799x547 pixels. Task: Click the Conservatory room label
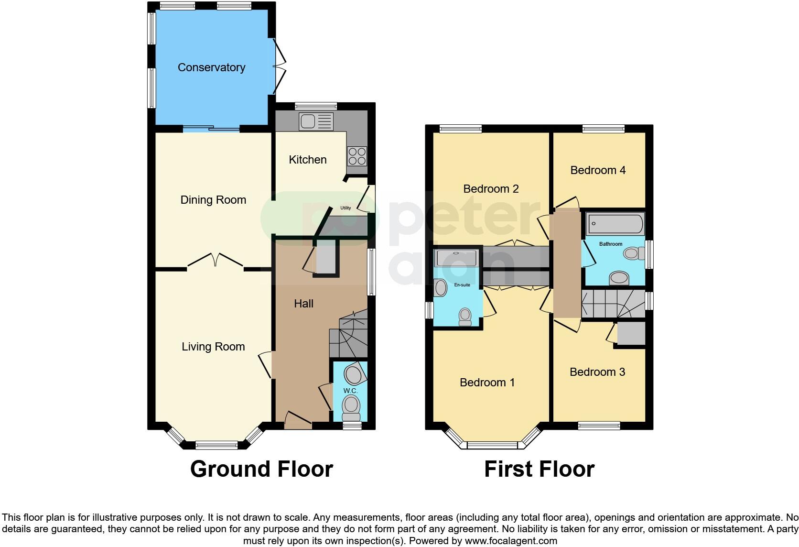pyautogui.click(x=211, y=67)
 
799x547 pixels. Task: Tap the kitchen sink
pyautogui.click(x=315, y=121)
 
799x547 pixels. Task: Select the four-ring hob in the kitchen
pyautogui.click(x=357, y=155)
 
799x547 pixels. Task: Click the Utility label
pyautogui.click(x=346, y=208)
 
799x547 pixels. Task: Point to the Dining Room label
pyautogui.click(x=213, y=200)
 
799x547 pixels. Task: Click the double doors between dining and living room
pyautogui.click(x=216, y=262)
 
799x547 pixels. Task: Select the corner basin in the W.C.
pyautogui.click(x=355, y=374)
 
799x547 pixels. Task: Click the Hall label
pyautogui.click(x=303, y=304)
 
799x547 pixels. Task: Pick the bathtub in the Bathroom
pyautogui.click(x=615, y=223)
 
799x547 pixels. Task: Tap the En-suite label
pyautogui.click(x=462, y=285)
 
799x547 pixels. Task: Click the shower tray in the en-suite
pyautogui.click(x=456, y=258)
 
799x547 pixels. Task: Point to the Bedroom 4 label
pyautogui.click(x=598, y=170)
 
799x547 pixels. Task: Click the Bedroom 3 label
pyautogui.click(x=597, y=372)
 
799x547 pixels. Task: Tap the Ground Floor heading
pyautogui.click(x=261, y=469)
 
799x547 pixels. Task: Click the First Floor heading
pyautogui.click(x=539, y=469)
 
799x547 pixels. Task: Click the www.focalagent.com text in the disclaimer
pyautogui.click(x=511, y=541)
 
